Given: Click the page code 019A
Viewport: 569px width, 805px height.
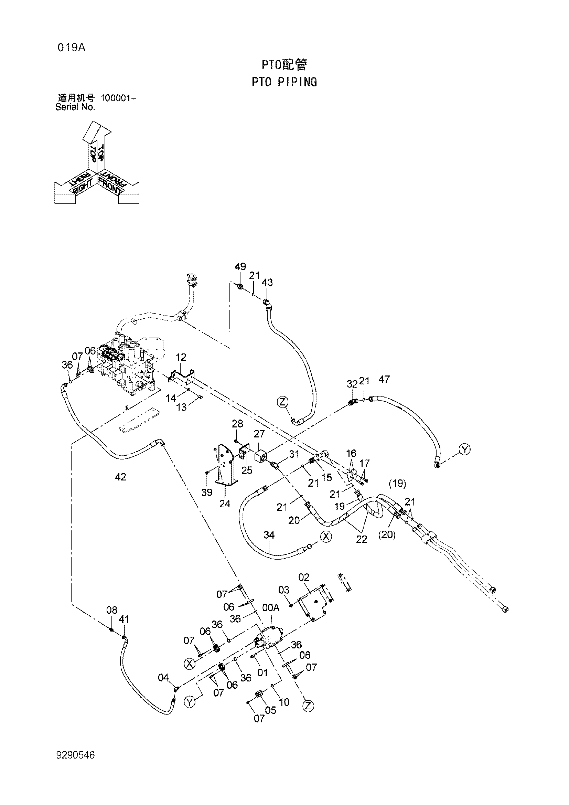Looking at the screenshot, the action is [x=72, y=48].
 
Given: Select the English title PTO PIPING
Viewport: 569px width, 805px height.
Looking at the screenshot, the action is [x=284, y=82].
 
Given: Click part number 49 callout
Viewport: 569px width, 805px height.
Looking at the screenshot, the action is [x=240, y=267].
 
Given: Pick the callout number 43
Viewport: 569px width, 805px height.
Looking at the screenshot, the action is [x=267, y=282].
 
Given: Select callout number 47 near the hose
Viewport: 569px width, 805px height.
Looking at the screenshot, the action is [x=384, y=379].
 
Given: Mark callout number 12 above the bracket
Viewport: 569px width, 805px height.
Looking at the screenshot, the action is [x=181, y=357].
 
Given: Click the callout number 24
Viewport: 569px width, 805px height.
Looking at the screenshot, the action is [x=225, y=504].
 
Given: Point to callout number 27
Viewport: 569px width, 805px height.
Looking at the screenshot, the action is [x=259, y=434].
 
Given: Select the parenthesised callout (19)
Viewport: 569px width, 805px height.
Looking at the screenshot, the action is [x=397, y=484].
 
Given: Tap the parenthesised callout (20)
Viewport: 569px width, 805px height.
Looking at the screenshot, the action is [x=386, y=535].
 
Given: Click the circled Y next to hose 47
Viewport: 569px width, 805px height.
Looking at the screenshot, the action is [x=464, y=449].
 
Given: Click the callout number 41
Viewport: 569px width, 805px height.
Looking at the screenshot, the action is [x=124, y=619].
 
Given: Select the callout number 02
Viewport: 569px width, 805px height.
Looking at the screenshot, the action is [x=304, y=577].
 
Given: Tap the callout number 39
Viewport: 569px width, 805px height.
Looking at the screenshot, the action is [x=207, y=492].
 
